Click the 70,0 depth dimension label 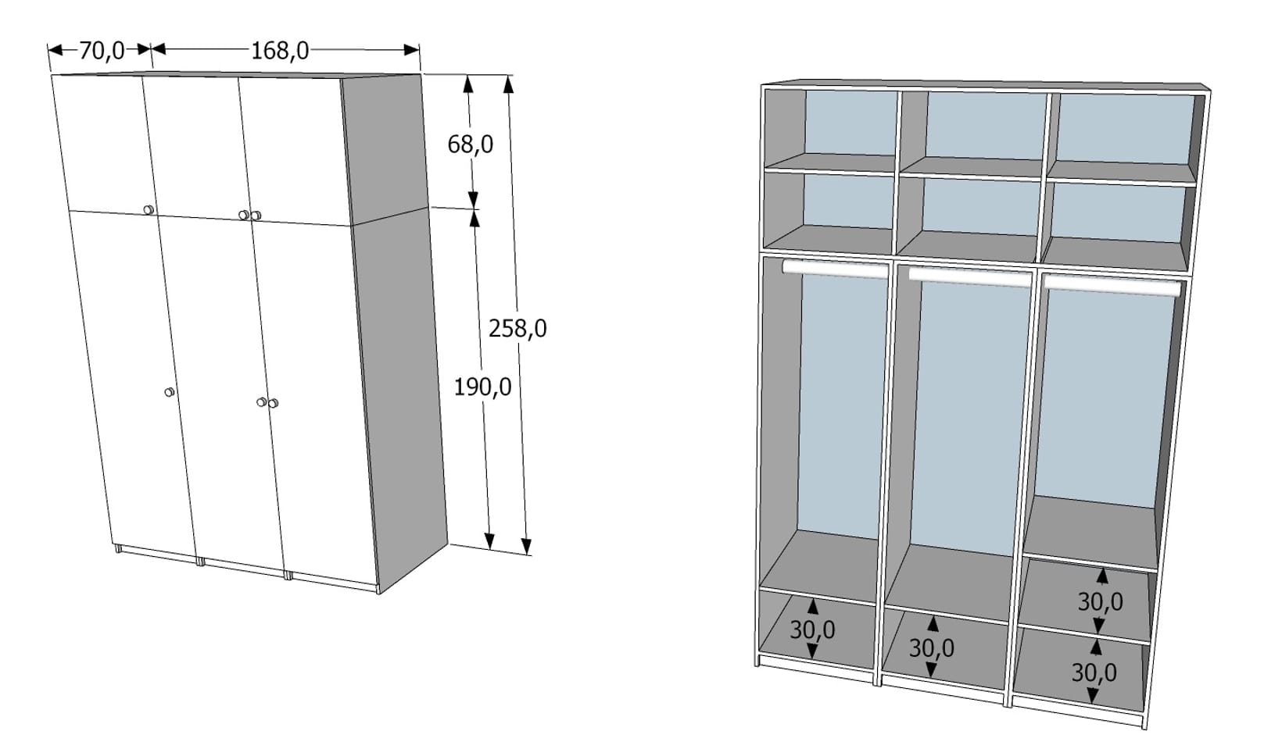102,50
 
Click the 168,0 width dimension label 280,51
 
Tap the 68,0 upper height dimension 470,144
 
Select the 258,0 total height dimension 517,329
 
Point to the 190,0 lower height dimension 482,387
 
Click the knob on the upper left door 149,210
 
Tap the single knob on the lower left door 169,392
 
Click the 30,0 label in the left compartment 812,630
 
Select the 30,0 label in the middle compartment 931,648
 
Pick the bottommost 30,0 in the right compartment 1094,673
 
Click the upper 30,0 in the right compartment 1100,601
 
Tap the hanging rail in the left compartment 836,268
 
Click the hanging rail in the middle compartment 969,276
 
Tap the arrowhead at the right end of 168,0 411,50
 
